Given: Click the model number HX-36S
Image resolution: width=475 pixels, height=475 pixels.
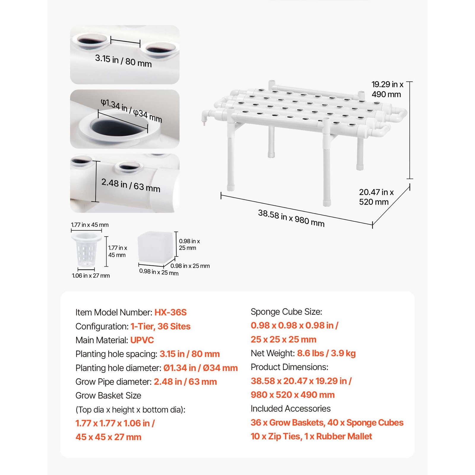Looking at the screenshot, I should (170, 312).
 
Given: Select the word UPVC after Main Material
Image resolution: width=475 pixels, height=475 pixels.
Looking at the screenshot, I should (142, 340).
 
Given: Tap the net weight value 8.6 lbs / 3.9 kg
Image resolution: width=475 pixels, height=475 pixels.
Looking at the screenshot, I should (326, 353).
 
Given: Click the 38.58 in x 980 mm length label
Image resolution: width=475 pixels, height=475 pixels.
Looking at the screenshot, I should (291, 218).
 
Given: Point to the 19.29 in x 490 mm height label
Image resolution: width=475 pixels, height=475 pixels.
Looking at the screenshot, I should (387, 89).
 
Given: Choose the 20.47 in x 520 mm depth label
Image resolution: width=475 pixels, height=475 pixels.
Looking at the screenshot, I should (376, 197).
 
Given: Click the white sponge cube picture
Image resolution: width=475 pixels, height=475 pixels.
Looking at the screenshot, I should (155, 248).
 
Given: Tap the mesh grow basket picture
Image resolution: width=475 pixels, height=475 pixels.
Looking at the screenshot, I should (86, 249).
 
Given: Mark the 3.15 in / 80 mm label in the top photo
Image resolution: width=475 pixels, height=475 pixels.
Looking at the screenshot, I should (123, 61).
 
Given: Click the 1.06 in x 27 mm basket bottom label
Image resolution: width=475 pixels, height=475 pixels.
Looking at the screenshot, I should (91, 275).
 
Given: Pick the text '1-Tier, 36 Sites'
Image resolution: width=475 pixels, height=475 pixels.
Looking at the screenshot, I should (160, 326).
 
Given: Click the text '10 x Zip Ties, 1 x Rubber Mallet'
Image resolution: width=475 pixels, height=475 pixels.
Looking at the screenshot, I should (311, 436).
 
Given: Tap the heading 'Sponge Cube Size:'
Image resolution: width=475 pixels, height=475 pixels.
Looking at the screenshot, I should (286, 312).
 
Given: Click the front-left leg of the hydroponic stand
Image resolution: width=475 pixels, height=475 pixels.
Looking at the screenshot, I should (231, 160).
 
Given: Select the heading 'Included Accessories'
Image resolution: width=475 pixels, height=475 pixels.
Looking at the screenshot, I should (290, 408).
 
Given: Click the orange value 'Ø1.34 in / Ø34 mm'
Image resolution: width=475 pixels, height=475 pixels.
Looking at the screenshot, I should (200, 368).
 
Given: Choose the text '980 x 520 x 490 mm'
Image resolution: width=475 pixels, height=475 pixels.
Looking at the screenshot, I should (292, 395).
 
